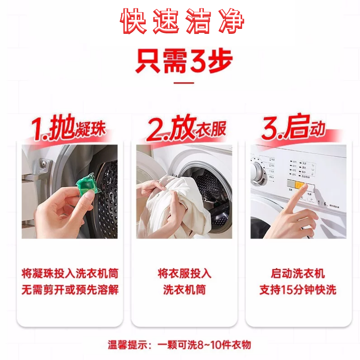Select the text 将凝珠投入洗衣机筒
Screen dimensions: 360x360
point(70,273)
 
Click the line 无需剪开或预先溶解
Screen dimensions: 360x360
point(70,289)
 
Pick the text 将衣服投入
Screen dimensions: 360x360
point(184,273)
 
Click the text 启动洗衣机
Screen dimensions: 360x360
point(297,273)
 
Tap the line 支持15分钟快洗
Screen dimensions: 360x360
point(297,289)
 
